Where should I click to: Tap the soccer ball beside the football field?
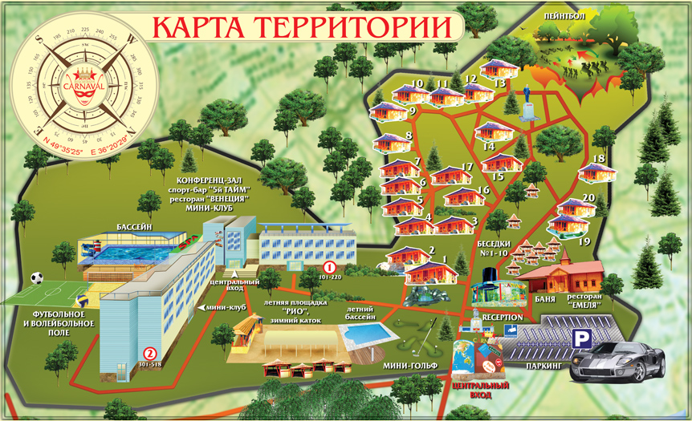click(37, 279)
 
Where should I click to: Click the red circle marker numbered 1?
click(328, 266)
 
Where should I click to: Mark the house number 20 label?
click(588, 197)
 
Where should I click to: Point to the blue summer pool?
click(370, 331)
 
